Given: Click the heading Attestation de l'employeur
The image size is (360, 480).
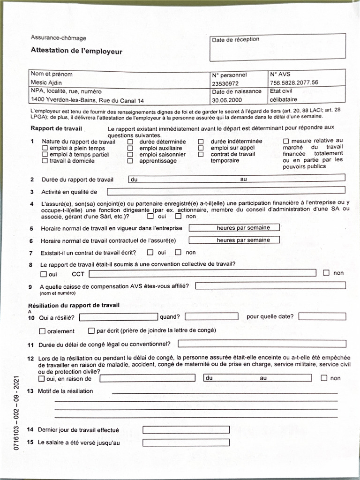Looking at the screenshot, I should pyautogui.click(x=76, y=51).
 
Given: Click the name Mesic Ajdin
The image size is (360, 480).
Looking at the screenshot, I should pyautogui.click(x=46, y=83).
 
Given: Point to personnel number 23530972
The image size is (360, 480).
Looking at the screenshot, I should pyautogui.click(x=225, y=83).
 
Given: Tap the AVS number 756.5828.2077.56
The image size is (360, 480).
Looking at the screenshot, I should pyautogui.click(x=294, y=82).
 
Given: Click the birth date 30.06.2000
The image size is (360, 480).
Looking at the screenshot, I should pyautogui.click(x=225, y=100).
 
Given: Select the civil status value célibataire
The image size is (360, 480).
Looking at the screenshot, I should pyautogui.click(x=283, y=99).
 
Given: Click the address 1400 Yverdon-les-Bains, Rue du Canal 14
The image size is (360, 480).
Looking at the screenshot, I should pyautogui.click(x=87, y=100).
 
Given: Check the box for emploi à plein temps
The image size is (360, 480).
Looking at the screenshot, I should pyautogui.click(x=45, y=148).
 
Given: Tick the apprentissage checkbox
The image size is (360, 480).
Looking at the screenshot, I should pyautogui.click(x=130, y=161).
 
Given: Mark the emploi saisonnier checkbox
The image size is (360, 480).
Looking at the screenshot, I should pyautogui.click(x=130, y=154).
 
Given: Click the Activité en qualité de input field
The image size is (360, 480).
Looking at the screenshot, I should pyautogui.click(x=225, y=191).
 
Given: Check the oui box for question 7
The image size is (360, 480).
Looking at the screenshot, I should pyautogui.click(x=150, y=253).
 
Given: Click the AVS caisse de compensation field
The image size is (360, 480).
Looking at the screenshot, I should pyautogui.click(x=270, y=285).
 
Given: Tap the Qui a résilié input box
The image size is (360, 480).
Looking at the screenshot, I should pyautogui.click(x=118, y=316).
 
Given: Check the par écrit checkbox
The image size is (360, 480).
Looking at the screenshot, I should pyautogui.click(x=91, y=331).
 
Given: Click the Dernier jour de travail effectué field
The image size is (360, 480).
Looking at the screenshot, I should pyautogui.click(x=186, y=429).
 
